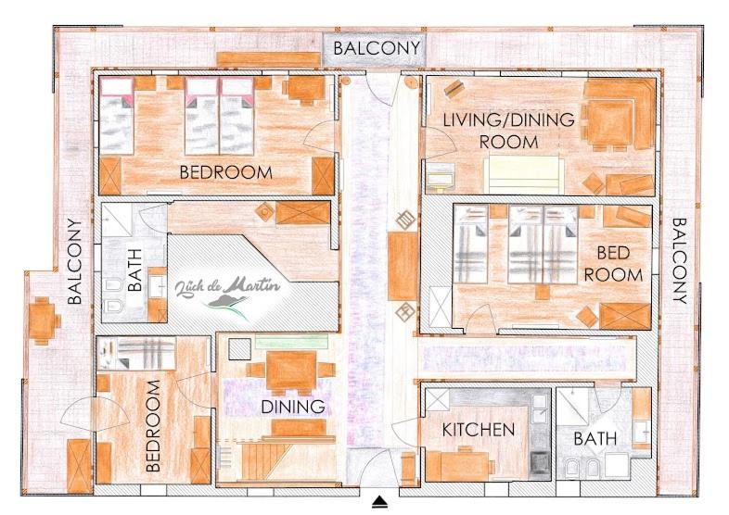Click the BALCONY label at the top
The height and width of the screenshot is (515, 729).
(x=377, y=48)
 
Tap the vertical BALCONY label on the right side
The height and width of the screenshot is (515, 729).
(x=680, y=260)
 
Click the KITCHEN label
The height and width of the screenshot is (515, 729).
(x=478, y=430)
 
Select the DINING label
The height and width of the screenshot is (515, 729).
(x=293, y=407)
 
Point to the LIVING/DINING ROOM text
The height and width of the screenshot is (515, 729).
(x=508, y=131)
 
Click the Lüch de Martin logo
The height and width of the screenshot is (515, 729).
(x=228, y=294)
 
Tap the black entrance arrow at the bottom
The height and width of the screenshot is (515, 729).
(x=380, y=501)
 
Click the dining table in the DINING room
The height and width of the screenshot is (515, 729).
(x=291, y=371)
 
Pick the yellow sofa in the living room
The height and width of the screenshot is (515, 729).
(x=524, y=175)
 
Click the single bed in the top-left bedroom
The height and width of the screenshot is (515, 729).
(x=116, y=116)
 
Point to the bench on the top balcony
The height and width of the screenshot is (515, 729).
(x=269, y=59)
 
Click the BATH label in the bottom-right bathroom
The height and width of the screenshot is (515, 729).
(x=595, y=438)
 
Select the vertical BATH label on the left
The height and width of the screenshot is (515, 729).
(x=134, y=270)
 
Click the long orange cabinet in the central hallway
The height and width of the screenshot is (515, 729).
(x=403, y=266)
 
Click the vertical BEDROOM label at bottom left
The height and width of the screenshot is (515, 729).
(x=152, y=426)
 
